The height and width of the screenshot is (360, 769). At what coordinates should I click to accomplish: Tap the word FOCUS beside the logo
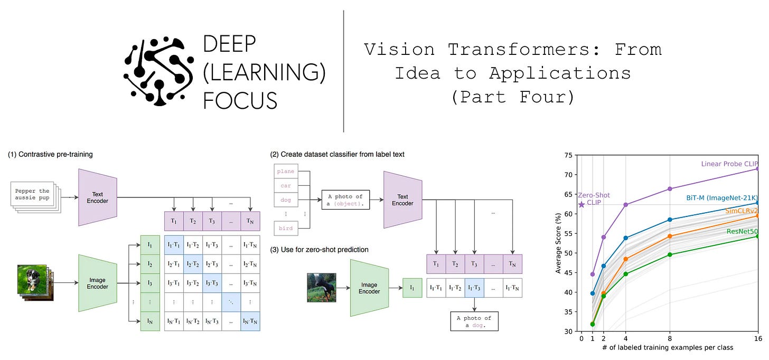click(240, 99)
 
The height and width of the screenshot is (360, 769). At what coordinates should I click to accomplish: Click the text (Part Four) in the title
click(512, 97)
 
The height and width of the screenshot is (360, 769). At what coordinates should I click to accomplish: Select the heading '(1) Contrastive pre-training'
click(51, 155)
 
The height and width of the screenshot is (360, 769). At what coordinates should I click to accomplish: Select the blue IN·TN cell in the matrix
click(250, 320)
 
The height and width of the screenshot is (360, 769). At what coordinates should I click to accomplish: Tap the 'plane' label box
click(286, 172)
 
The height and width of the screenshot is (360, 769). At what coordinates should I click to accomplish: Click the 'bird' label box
click(286, 228)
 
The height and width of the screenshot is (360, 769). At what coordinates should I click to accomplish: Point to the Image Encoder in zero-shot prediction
click(370, 287)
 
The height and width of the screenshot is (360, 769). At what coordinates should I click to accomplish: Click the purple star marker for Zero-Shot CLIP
click(582, 204)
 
